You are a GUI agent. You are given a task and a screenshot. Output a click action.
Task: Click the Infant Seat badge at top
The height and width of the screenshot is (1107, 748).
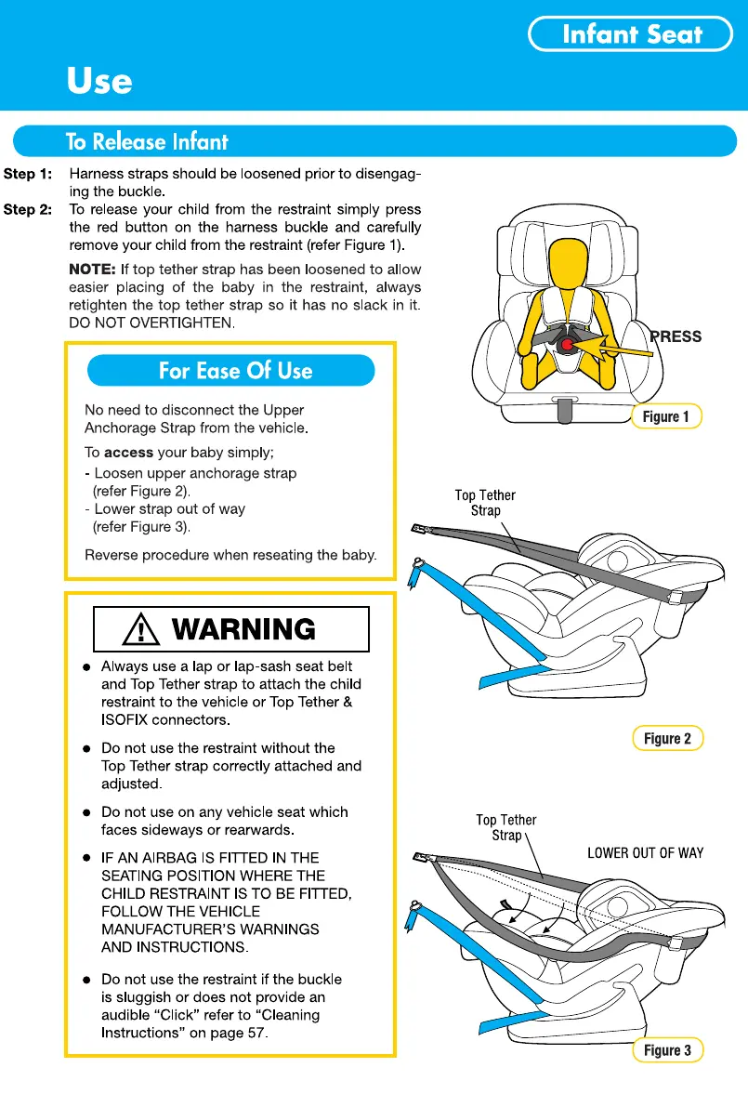632,35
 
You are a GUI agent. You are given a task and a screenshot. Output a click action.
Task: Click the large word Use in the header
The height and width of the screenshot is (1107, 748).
98,82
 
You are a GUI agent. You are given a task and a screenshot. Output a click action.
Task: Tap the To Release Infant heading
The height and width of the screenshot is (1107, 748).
147,142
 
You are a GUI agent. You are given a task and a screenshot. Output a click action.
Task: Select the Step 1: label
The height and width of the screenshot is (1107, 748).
27,174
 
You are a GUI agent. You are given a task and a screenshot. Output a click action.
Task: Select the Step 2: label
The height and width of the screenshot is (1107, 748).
27,210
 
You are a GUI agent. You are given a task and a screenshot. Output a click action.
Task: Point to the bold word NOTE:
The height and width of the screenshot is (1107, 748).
92,270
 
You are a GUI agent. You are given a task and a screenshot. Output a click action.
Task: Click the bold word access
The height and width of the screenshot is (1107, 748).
128,454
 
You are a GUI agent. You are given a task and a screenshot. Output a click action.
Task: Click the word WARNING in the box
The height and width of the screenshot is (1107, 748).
244,630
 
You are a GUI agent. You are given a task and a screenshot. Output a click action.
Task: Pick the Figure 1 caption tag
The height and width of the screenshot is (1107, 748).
666,416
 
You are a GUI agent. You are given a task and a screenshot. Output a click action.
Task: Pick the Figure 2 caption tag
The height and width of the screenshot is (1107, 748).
668,739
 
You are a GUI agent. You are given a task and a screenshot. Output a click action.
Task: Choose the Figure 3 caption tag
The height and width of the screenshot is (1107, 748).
668,1050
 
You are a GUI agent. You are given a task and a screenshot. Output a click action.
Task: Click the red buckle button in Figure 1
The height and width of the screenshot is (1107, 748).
567,345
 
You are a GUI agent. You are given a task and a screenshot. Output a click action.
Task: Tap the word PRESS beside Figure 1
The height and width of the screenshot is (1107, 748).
676,336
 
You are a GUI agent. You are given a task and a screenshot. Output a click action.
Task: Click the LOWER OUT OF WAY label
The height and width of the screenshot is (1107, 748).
645,852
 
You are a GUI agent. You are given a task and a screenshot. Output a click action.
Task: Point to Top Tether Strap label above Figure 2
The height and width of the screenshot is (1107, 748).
485,503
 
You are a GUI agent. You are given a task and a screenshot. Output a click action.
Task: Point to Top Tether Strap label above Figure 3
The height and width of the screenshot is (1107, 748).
506,827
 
